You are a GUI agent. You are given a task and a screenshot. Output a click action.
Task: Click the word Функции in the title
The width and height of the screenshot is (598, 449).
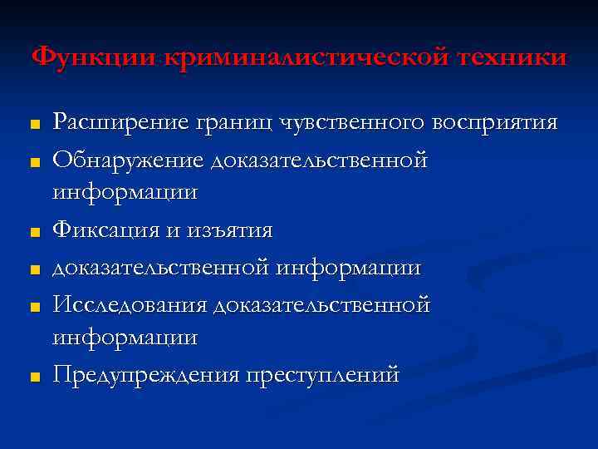94,57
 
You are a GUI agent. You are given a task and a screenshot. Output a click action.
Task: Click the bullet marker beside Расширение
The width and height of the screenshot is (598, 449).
35,125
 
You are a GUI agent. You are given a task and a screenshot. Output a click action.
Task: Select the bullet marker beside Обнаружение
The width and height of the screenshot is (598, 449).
35,161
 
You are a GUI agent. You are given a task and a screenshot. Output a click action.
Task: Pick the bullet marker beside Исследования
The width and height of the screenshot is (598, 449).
35,307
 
